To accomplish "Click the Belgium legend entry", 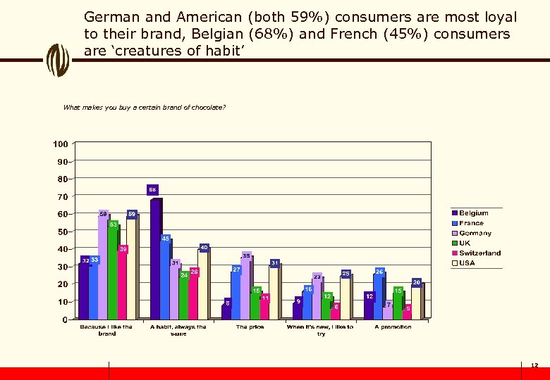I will coord(473,213).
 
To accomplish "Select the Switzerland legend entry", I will coord(479,253).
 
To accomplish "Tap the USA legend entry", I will coord(467,263).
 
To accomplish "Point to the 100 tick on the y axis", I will coord(61,144).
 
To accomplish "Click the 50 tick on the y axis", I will coord(63,232).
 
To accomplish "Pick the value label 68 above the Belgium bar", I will coord(152,190).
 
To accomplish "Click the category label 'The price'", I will coord(251,327).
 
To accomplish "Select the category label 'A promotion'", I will coord(393,327).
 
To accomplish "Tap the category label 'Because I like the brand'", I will coord(106,330).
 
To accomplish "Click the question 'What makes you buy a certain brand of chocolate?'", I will coord(144,108).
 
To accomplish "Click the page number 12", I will coord(534,365).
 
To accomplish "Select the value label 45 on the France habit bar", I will coord(166,239).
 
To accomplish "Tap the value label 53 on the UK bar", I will coord(113,224).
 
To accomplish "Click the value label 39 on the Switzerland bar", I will coord(123,249).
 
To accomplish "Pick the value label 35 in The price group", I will coord(246,255).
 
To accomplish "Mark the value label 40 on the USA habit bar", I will coord(204,248).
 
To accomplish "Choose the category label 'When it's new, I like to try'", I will coord(321,330).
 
